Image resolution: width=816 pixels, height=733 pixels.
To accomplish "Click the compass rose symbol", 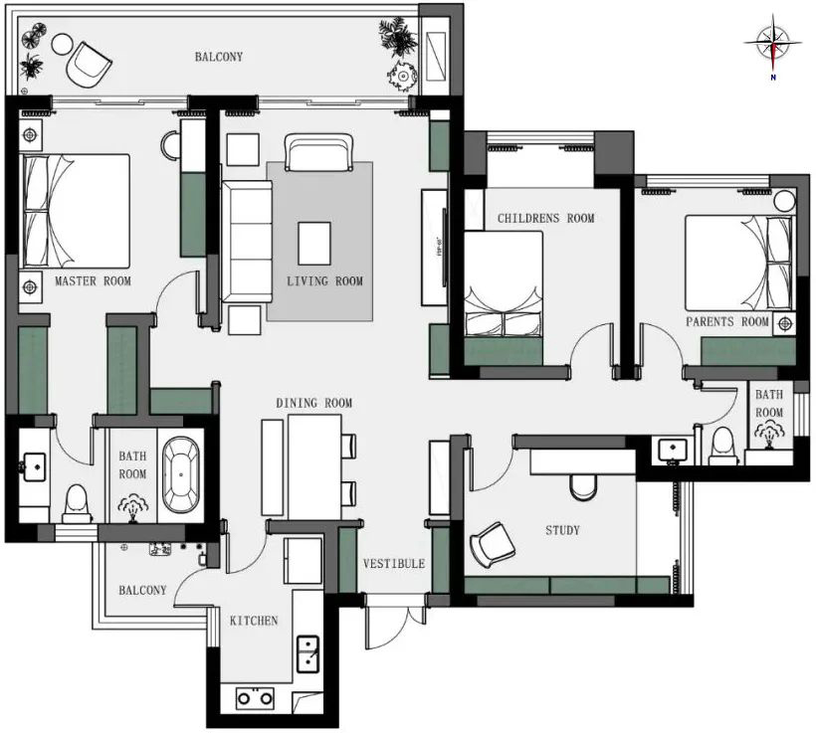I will click(x=773, y=43).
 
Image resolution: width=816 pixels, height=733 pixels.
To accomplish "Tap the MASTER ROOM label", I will click(x=93, y=281).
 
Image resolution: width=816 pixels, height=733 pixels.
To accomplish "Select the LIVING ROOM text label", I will click(x=324, y=281).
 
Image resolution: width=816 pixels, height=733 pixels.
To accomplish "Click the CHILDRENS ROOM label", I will click(x=545, y=218).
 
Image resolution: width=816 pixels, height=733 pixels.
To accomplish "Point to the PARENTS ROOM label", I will click(x=727, y=322).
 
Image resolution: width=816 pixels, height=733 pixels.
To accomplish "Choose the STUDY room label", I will click(x=562, y=530).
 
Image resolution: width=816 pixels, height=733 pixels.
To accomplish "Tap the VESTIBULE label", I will click(x=393, y=564).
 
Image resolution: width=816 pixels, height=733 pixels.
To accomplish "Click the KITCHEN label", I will click(x=254, y=621).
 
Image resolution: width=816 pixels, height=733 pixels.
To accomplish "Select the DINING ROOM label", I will click(x=314, y=403).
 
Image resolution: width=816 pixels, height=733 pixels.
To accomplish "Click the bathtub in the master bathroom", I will click(x=180, y=474).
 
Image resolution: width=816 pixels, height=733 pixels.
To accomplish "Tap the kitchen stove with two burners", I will click(x=255, y=698).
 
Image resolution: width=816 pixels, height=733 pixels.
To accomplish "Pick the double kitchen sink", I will click(x=309, y=653).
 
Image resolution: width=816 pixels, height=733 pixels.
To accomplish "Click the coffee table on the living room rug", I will click(x=314, y=241).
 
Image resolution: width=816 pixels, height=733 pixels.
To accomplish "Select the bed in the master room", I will click(x=76, y=211).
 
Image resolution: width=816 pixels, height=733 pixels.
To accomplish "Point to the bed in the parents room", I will click(x=739, y=263).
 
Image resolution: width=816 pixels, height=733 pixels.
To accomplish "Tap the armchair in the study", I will click(x=491, y=543).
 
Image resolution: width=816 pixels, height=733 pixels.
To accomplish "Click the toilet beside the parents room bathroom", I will click(x=722, y=444).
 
